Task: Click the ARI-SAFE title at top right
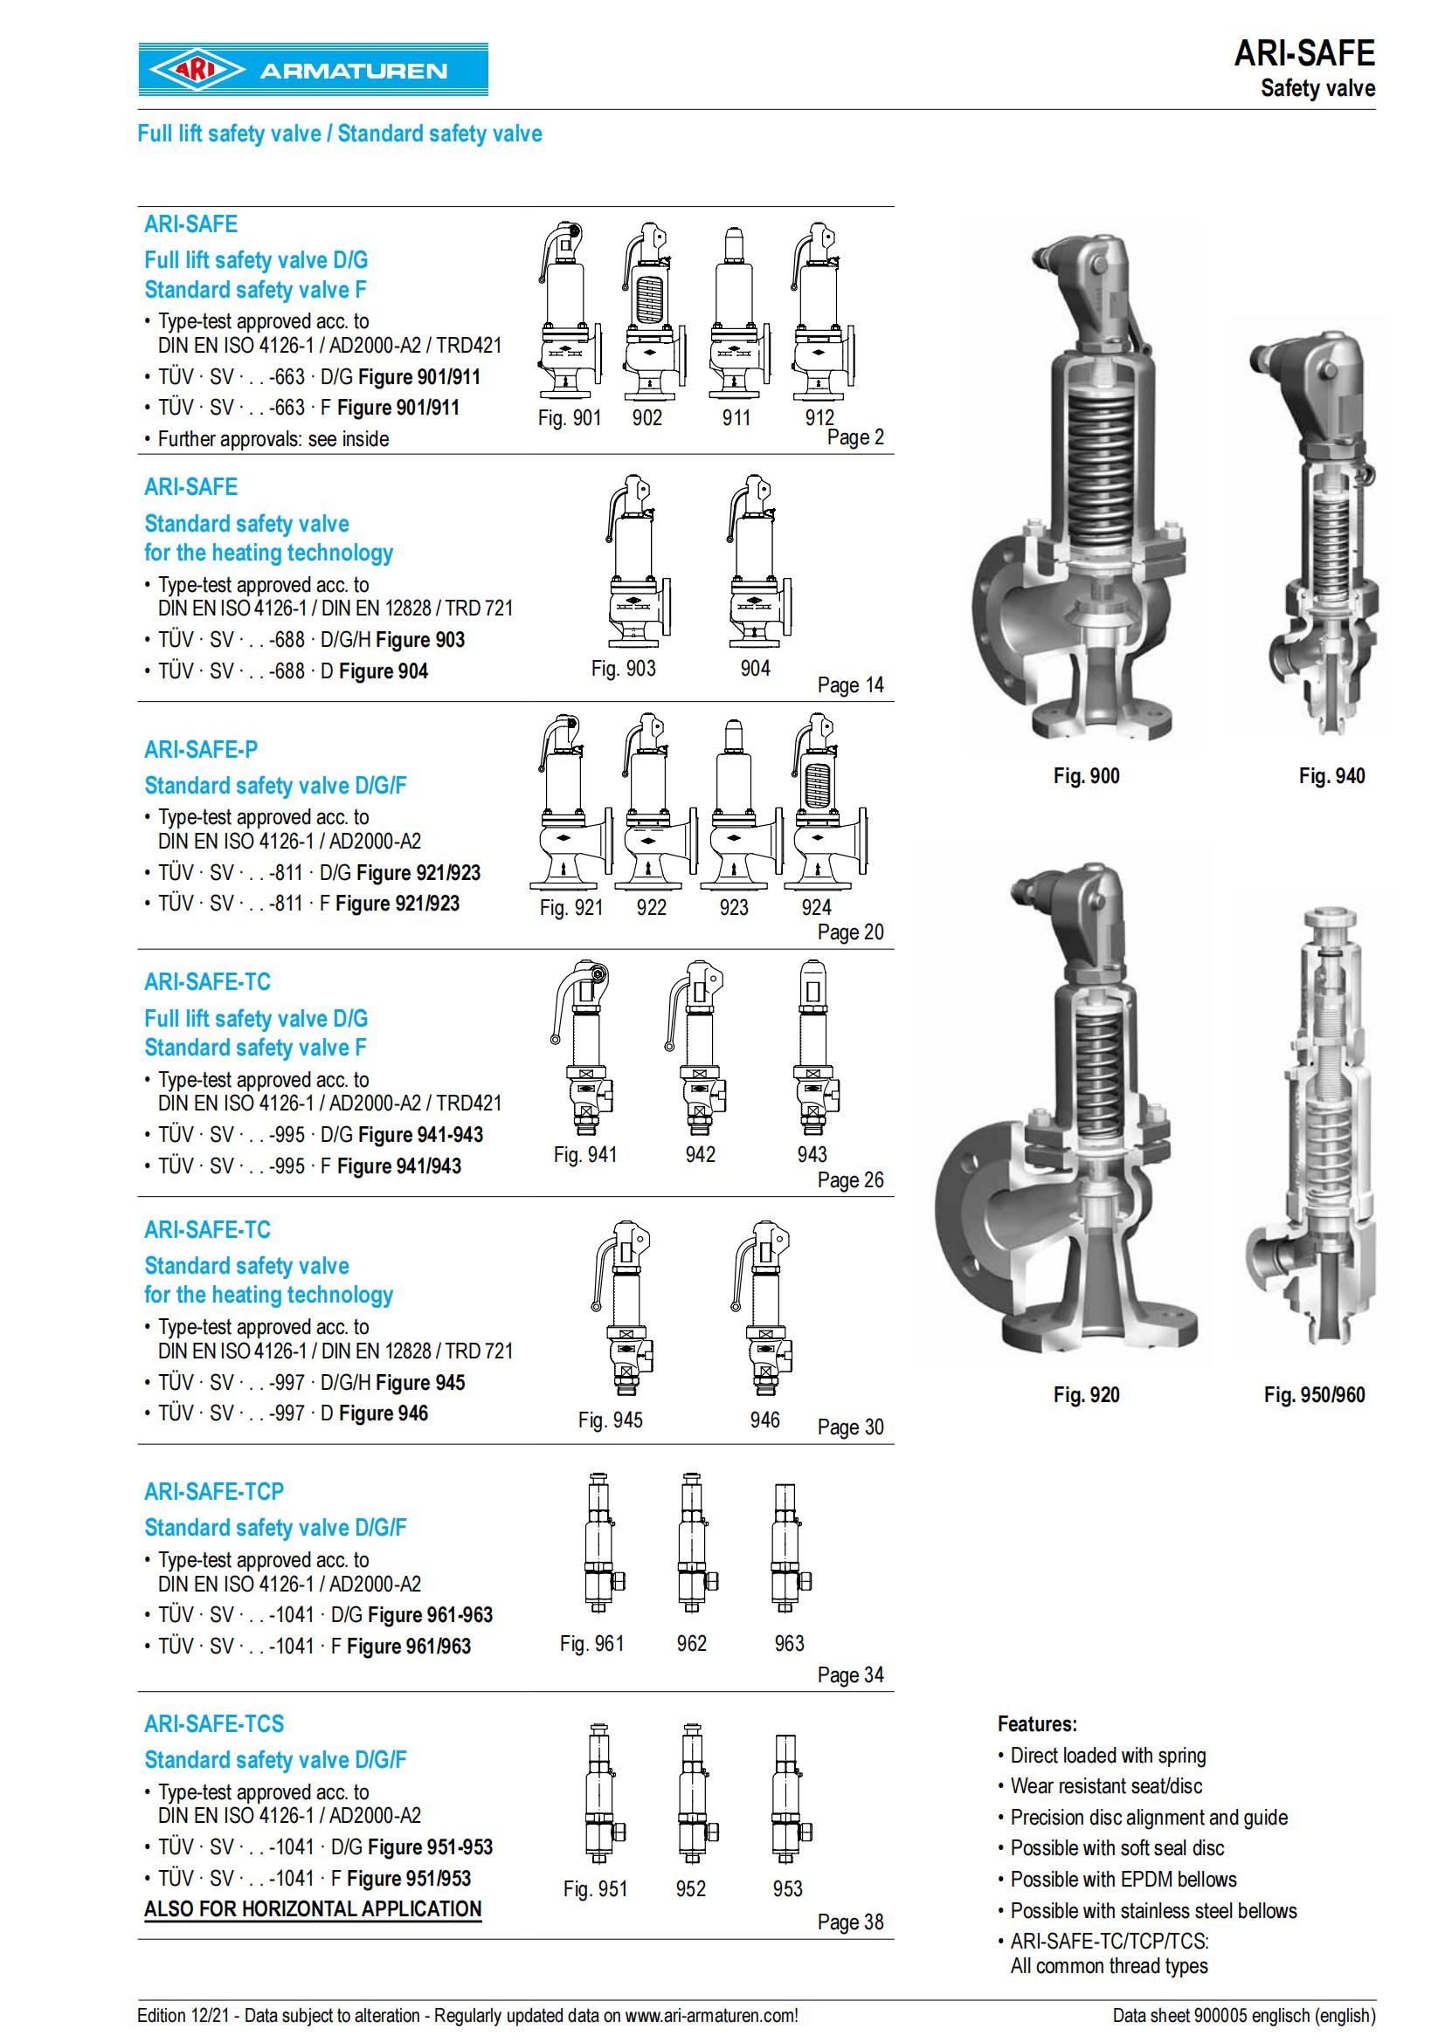(x=1303, y=54)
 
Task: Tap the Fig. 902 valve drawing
(x=653, y=313)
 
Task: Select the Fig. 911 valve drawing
(x=735, y=313)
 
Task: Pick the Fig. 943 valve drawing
(x=812, y=1049)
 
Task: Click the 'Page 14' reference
(x=851, y=684)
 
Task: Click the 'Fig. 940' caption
(x=1331, y=775)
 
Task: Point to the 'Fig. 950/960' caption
(x=1314, y=1394)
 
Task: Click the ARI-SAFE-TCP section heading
(x=213, y=1491)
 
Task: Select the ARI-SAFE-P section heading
(x=201, y=750)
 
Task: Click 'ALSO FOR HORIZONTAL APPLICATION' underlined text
(x=314, y=1909)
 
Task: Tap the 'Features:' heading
(x=1038, y=1723)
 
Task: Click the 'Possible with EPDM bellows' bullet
(x=1123, y=1880)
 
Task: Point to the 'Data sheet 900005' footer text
(x=1244, y=2015)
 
